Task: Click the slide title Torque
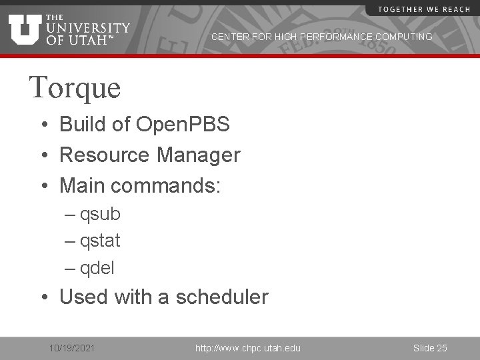[75, 87]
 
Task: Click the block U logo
[25, 29]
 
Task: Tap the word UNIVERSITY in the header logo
[88, 27]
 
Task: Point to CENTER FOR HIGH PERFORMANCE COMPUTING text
[321, 37]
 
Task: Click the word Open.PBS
[182, 124]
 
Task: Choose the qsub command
[100, 214]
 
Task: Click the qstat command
[100, 240]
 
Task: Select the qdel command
[97, 268]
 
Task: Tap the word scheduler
[221, 297]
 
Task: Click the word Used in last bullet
[85, 297]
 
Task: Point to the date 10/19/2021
[72, 348]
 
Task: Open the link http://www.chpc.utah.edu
[247, 348]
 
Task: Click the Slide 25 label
[430, 348]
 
